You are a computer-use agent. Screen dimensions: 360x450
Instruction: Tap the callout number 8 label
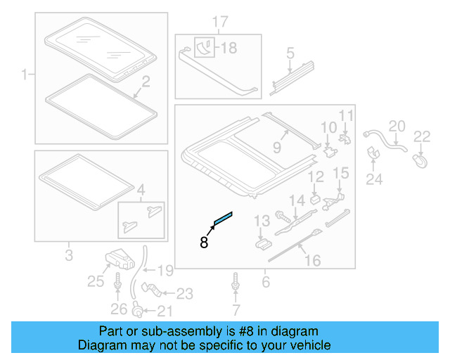[x=204, y=243]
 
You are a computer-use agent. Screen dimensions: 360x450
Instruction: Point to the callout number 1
[x=25, y=73]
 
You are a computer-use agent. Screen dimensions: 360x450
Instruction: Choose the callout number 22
[x=421, y=136]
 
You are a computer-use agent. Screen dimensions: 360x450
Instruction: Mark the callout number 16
[x=311, y=261]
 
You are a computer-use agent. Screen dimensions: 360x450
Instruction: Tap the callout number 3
[x=69, y=254]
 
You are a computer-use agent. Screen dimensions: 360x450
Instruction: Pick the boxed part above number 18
[x=205, y=48]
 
